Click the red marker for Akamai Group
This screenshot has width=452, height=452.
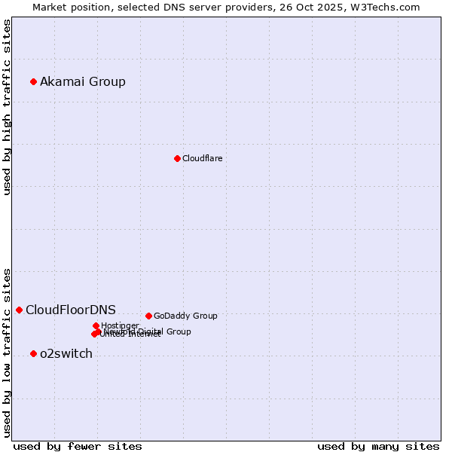coord(33,81)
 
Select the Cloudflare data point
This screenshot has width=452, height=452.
coord(177,158)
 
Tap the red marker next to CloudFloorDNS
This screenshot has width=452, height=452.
coord(19,310)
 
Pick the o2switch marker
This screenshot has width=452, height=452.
coord(33,353)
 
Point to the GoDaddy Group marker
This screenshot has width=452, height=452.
coord(148,316)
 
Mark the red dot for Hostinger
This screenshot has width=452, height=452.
coord(96,325)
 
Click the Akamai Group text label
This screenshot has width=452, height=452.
coord(83,81)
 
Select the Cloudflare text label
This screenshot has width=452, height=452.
coord(202,158)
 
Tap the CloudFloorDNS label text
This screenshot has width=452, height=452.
coord(71,310)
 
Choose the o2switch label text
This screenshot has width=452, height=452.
coord(66,353)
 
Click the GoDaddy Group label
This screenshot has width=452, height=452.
coord(185,316)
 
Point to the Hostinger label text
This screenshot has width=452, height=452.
coord(120,325)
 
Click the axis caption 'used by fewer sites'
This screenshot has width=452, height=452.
coord(78,446)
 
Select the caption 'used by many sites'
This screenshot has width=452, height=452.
coord(378,446)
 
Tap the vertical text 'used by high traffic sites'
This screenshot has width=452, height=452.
coord(7,107)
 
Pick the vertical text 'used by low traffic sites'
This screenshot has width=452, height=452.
coord(7,352)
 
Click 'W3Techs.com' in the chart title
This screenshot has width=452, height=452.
coord(389,7)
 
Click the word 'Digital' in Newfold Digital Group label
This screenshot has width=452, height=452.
coord(151,331)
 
